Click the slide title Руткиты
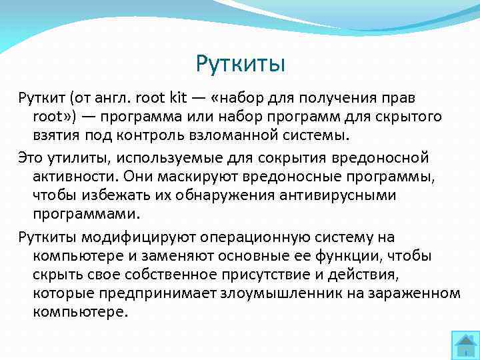click(240, 64)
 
